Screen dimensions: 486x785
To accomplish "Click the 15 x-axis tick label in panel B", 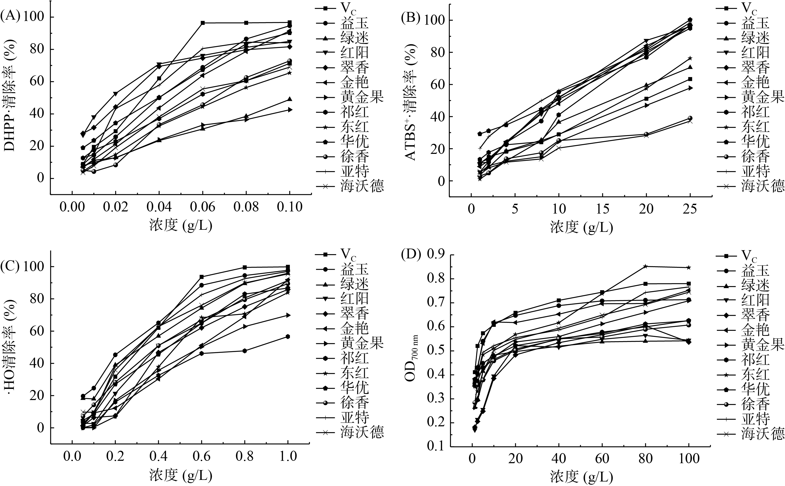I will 603,209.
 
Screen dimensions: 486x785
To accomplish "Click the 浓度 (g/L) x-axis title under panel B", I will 581,228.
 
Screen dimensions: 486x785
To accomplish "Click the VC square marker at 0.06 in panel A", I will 203,23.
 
